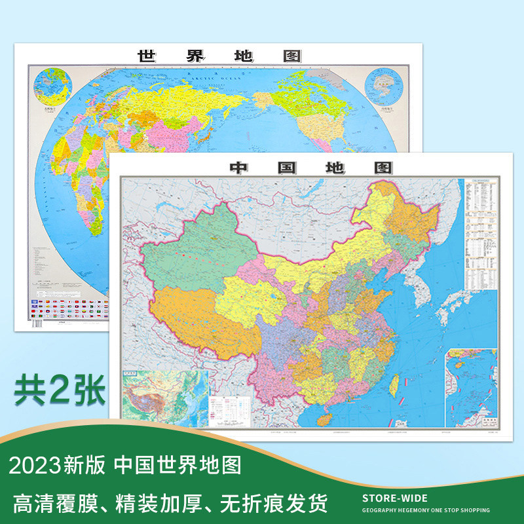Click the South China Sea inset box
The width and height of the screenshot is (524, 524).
(470, 386)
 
